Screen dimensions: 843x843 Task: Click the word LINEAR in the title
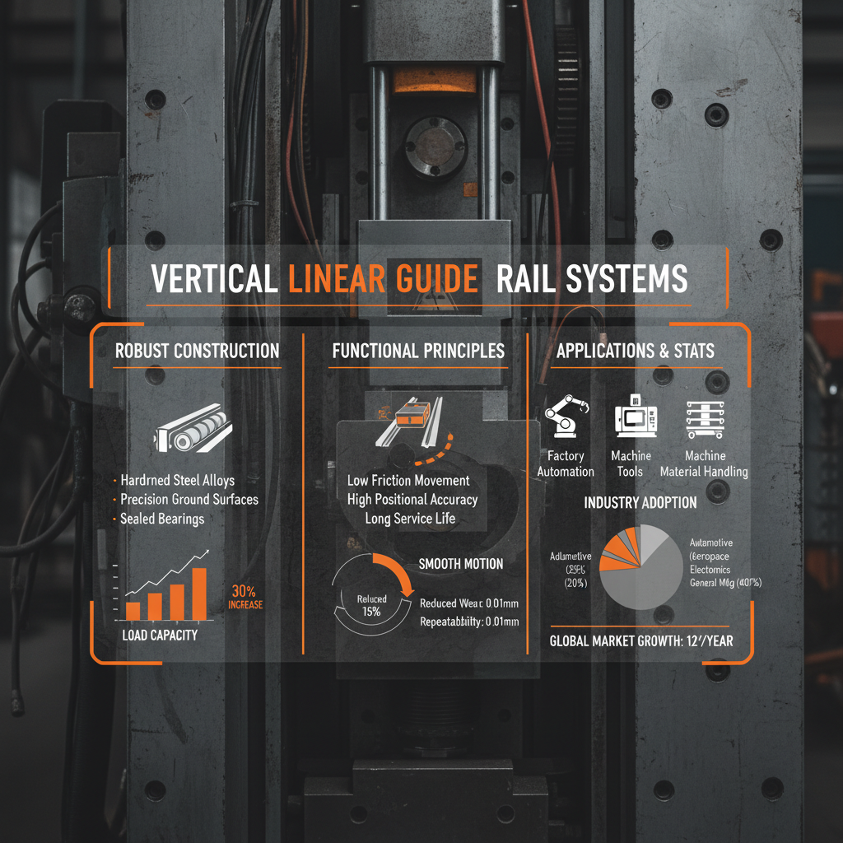335,279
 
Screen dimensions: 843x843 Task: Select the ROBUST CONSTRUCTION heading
197,351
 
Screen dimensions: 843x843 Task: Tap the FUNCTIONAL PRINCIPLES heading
418,351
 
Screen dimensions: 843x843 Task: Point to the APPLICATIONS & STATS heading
636,351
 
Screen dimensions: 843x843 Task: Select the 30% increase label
246,597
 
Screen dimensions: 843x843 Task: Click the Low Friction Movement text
408,481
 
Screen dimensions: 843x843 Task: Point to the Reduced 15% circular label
370,605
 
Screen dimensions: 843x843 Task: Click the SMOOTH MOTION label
460,564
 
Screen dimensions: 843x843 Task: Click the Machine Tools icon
631,419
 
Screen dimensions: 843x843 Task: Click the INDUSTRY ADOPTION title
640,502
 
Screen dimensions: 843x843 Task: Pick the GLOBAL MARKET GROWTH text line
641,641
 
